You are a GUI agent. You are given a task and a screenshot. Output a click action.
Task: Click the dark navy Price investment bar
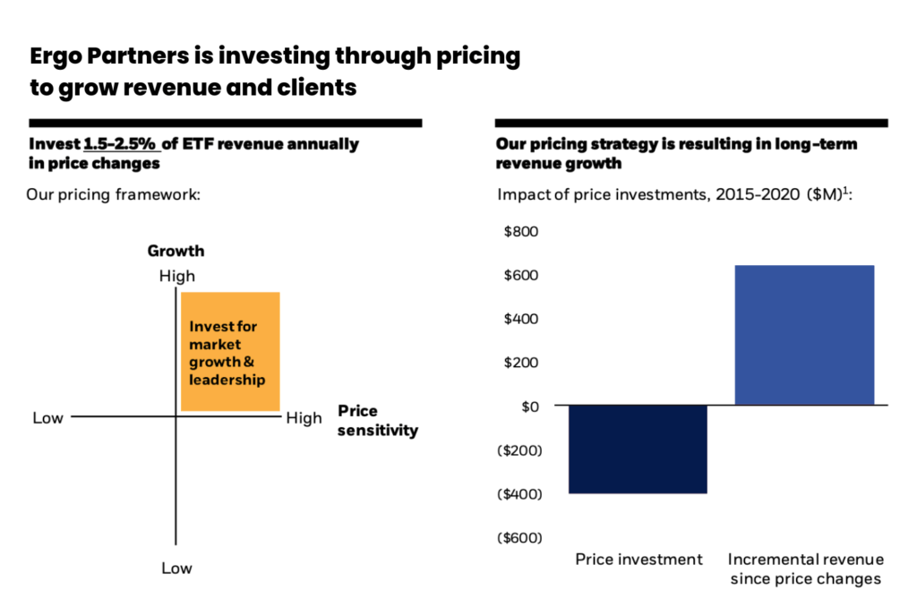(x=638, y=449)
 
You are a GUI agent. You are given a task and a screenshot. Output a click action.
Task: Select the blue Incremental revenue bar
(x=804, y=335)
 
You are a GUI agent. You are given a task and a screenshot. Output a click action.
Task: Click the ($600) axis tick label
(x=518, y=537)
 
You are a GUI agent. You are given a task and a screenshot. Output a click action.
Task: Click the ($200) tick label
(x=518, y=450)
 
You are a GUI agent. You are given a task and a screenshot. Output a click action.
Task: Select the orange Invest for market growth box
(x=230, y=352)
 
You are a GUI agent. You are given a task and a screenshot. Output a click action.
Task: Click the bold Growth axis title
(x=176, y=251)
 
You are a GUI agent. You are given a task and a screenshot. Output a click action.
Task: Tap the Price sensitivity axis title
(x=378, y=421)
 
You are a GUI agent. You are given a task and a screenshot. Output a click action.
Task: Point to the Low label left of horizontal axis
(x=48, y=418)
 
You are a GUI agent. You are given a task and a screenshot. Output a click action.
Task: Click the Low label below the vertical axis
(x=176, y=568)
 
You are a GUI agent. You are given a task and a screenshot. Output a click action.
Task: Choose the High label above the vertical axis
(x=176, y=277)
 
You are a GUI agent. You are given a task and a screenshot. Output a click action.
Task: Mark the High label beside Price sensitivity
(x=304, y=418)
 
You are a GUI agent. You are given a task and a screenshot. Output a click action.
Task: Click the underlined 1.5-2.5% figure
(x=122, y=144)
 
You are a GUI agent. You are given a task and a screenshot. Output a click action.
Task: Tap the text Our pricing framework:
(x=113, y=193)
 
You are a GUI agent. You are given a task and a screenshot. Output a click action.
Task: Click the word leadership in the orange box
(x=227, y=380)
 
